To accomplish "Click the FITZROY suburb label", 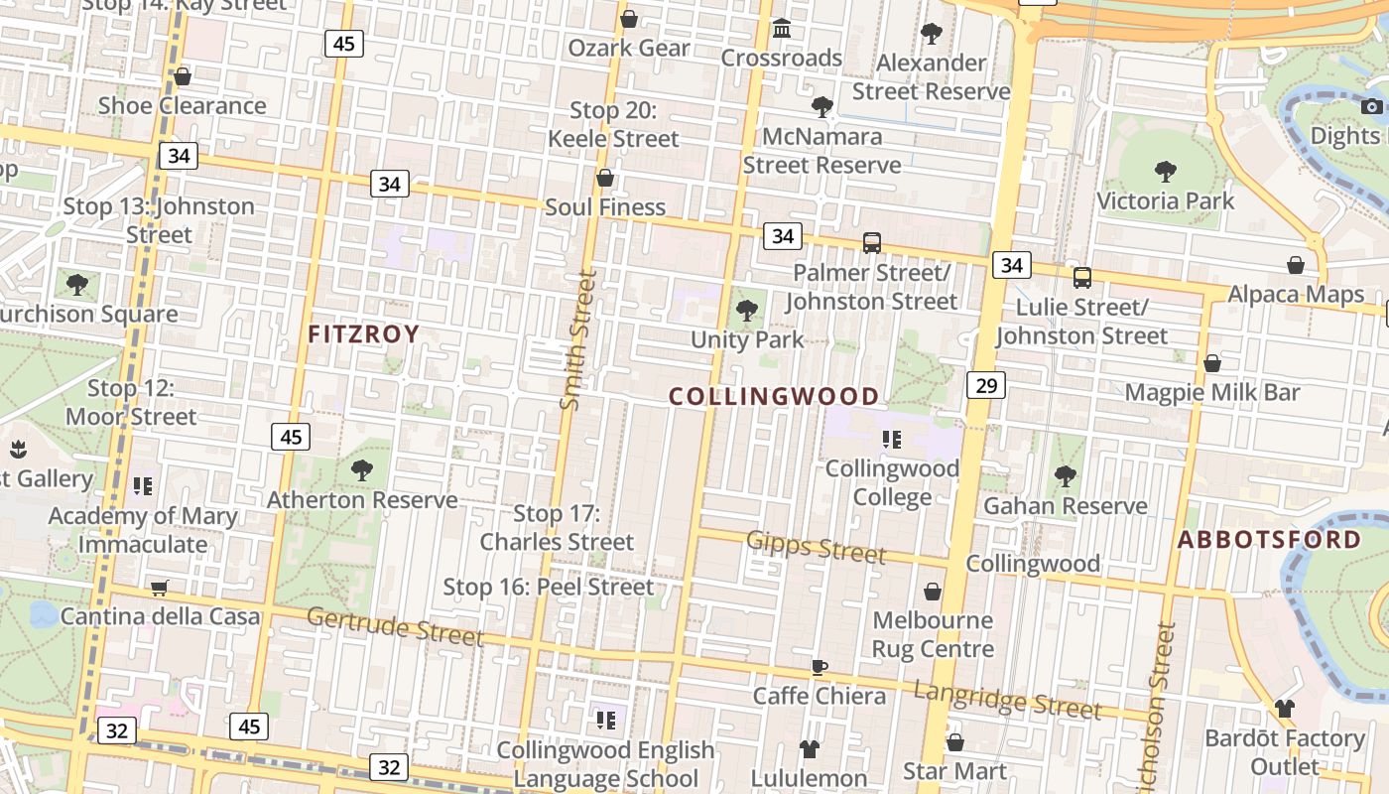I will pos(363,333).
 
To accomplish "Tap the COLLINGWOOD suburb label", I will pos(774,397).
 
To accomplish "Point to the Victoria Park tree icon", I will pos(1166,172).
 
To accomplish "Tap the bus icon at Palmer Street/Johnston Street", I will pos(872,242).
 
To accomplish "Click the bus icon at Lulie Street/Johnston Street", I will pos(1082,278).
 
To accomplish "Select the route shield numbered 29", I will pos(986,385).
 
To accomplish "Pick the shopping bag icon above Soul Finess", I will pos(604,178).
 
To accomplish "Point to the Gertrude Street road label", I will pos(395,626).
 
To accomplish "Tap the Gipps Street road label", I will pos(816,546).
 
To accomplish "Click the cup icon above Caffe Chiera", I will pos(819,667).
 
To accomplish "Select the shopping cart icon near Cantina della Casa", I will pos(160,588).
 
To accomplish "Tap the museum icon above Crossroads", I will pos(782,29).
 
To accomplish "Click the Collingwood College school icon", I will pos(891,439).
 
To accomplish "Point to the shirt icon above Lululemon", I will pos(810,748).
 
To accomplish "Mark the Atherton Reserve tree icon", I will pos(362,470).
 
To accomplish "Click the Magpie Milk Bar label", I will pos(1212,392).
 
